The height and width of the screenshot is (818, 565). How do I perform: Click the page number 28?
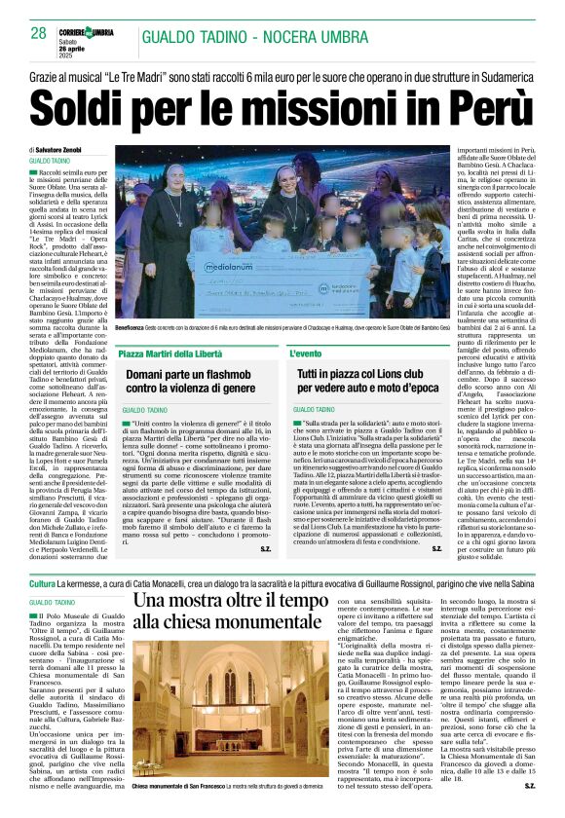click(38, 33)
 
